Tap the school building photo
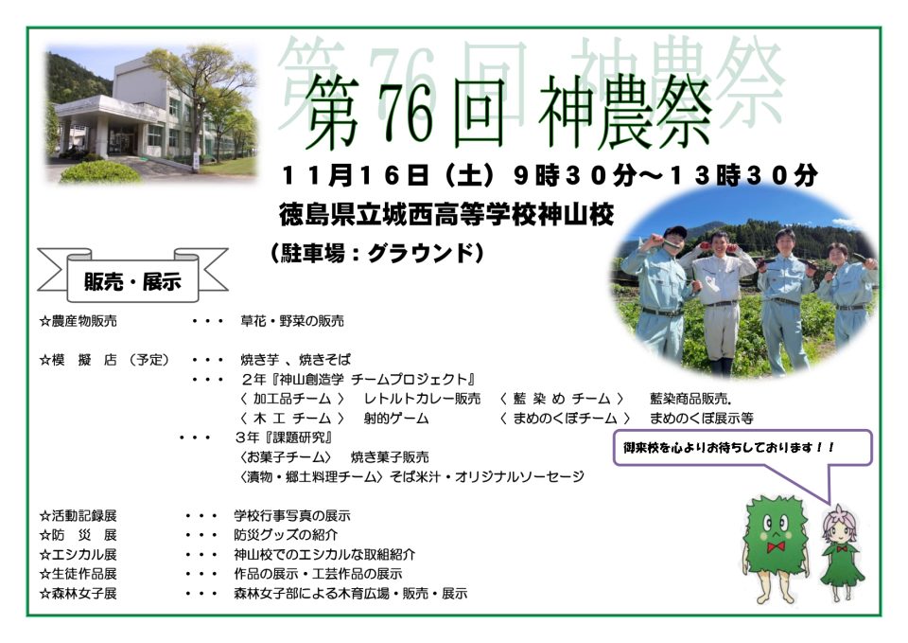[151, 114]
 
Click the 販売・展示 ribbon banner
[132, 277]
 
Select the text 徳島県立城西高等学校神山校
[445, 215]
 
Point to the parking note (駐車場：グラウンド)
[376, 254]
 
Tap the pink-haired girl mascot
[841, 554]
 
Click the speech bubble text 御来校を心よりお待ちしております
[728, 448]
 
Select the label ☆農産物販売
[79, 321]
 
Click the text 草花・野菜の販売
[292, 321]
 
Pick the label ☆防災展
[79, 535]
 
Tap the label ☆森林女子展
[79, 593]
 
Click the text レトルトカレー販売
[422, 399]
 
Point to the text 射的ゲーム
[396, 418]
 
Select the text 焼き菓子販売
[390, 456]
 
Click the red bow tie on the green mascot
[776, 546]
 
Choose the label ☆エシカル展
[79, 554]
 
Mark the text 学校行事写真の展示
[292, 515]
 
